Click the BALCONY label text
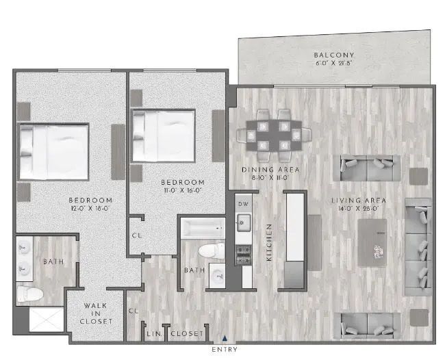pos(334,55)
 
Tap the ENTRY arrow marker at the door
pos(224,338)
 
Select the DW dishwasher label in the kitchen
pos(242,204)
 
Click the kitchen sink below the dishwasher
pos(242,220)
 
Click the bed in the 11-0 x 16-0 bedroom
pos(164,136)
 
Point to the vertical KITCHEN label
pos(270,243)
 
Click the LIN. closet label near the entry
pos(153,333)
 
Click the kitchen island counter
pos(294,228)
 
